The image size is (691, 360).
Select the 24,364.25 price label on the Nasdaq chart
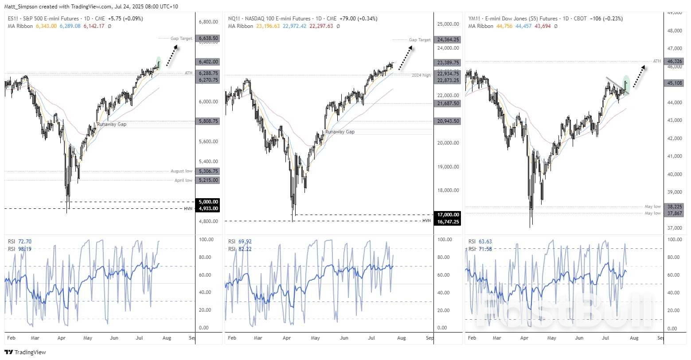(x=448, y=39)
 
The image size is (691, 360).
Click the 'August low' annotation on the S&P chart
(x=181, y=171)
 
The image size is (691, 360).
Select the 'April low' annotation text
(x=183, y=180)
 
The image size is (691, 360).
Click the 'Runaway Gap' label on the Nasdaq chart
(x=340, y=132)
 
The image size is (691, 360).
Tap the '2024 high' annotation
(x=421, y=75)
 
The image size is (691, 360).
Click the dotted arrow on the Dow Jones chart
(x=638, y=76)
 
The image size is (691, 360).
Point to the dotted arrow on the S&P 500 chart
(x=172, y=55)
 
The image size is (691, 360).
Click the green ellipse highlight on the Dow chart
(x=626, y=82)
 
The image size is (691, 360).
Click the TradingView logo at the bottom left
(x=21, y=352)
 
